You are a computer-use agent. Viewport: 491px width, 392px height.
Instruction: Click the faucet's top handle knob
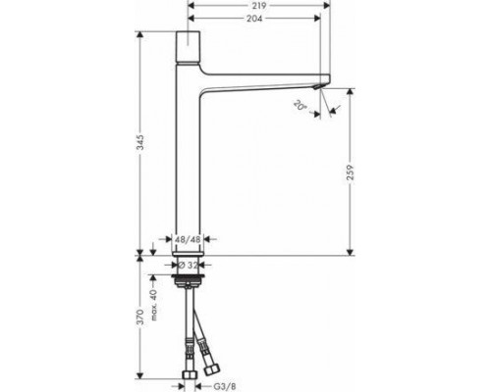tap(188, 44)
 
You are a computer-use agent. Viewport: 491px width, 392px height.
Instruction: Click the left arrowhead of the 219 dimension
tap(191, 5)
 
